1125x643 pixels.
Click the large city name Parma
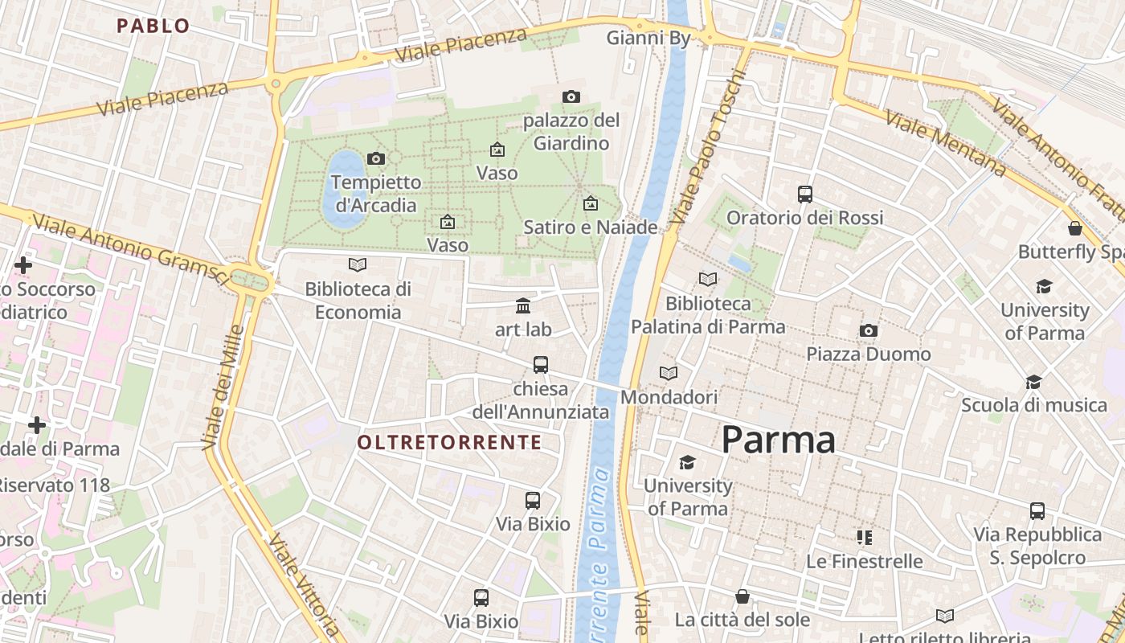pos(778,440)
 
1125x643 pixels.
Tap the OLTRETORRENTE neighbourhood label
pos(449,442)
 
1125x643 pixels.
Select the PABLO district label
pos(153,26)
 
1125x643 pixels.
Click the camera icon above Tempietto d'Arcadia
pos(375,158)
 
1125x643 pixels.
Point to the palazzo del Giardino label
pos(571,132)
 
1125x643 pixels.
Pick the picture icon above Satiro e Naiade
pos(591,203)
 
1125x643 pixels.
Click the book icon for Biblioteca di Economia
pos(358,264)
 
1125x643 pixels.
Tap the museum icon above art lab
pos(523,305)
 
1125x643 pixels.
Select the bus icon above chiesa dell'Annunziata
pos(541,365)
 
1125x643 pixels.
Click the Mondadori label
pos(669,397)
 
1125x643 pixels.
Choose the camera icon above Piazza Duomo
pos(868,330)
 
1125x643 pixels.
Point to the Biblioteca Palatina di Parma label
pos(708,315)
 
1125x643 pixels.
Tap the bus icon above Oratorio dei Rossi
pos(804,195)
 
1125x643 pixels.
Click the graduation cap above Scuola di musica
pos(1033,382)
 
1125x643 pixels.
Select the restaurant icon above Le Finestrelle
pos(864,537)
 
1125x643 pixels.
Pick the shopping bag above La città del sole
pos(742,596)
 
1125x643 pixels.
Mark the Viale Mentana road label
pos(945,143)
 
